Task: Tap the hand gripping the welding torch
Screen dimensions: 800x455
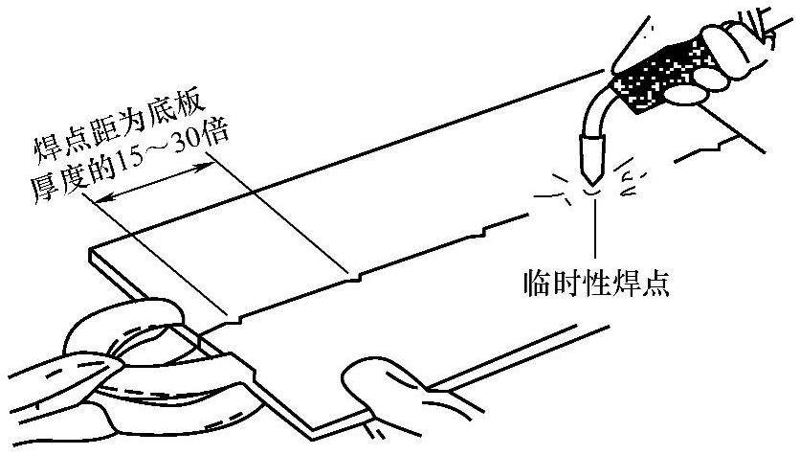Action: [727, 57]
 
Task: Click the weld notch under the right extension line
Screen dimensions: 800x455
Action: [354, 278]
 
